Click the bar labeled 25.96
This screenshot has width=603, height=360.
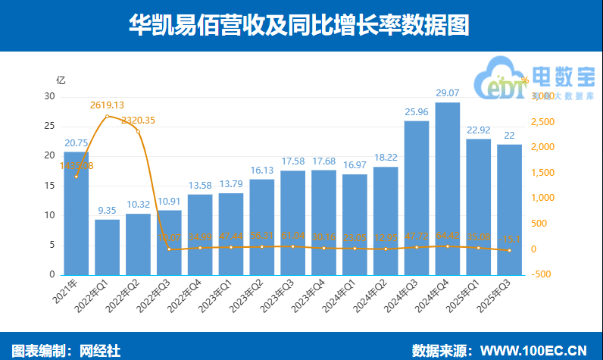coord(417,197)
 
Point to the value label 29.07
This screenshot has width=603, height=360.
coord(447,93)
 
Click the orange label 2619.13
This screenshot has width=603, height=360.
coord(107,105)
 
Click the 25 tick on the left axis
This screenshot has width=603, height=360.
coord(49,126)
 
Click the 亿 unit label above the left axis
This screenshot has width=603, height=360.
coord(61,80)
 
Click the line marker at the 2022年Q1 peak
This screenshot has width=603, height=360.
coord(107,116)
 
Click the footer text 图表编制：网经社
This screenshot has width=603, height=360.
coord(67,349)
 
